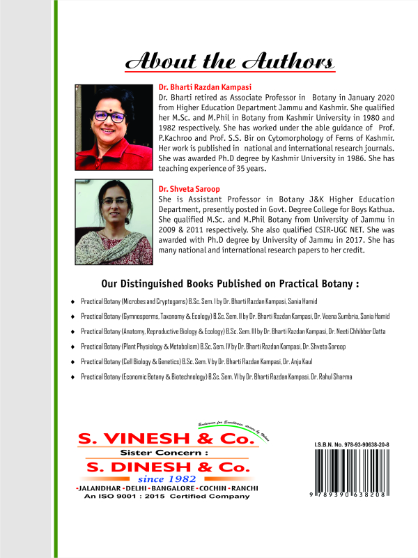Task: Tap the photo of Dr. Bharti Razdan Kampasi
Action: click(114, 127)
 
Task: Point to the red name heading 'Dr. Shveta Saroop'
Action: click(186, 188)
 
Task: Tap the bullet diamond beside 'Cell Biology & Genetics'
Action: click(72, 361)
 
